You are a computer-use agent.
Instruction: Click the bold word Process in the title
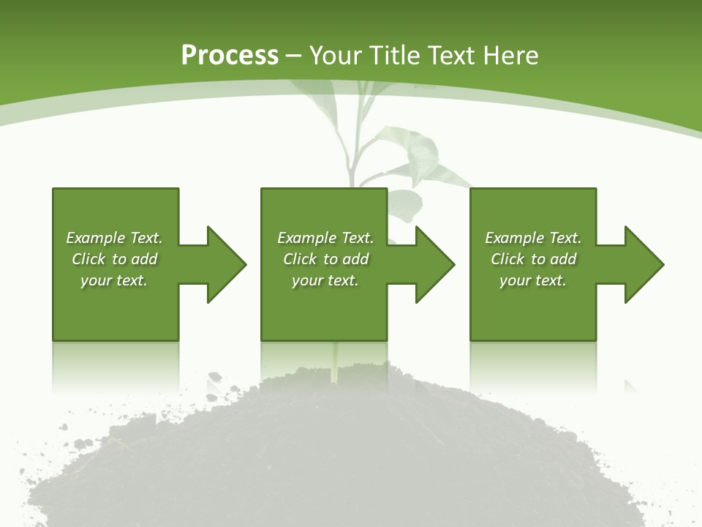point(230,56)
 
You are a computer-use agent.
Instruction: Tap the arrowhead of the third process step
point(643,264)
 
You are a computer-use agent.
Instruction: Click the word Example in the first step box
point(96,238)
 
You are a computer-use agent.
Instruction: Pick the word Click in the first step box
point(88,259)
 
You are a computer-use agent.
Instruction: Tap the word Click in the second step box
point(300,259)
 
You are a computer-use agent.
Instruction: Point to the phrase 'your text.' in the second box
point(325,280)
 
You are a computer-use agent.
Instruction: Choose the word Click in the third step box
point(507,259)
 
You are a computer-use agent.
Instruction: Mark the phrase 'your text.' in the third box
point(533,280)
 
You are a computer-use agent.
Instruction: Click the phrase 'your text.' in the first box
point(114,280)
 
